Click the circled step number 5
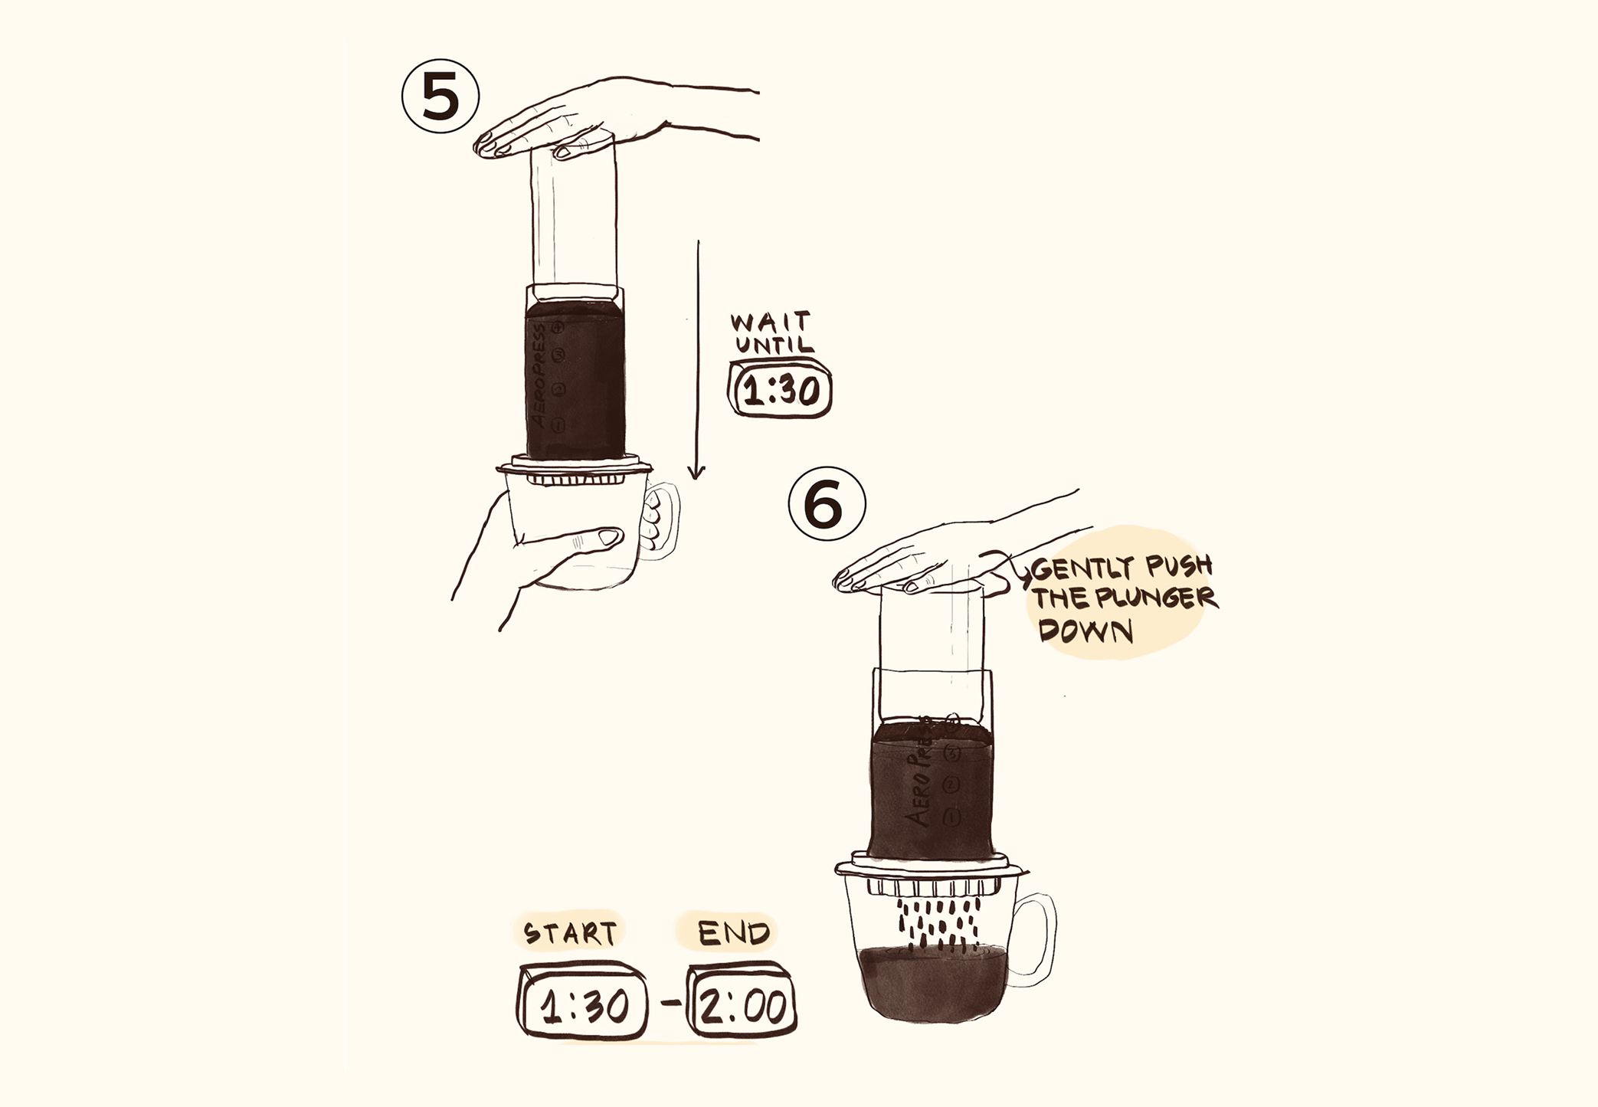pos(440,97)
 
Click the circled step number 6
pos(827,506)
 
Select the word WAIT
pos(771,322)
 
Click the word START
pos(570,932)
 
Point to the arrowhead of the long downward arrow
pos(696,471)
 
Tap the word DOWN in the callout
pos(1086,630)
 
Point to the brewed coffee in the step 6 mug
pos(932,984)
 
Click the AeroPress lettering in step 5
pos(539,377)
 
